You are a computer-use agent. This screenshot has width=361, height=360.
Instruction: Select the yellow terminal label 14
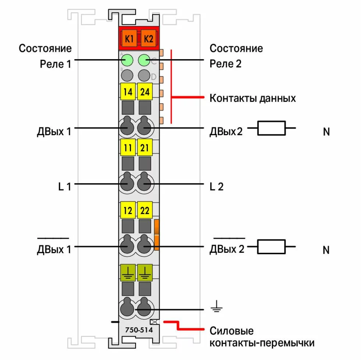tap(128, 92)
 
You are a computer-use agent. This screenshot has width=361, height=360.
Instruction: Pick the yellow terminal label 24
tap(145, 92)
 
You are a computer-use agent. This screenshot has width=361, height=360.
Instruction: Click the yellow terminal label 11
tap(128, 148)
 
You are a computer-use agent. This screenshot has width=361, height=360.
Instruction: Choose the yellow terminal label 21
tap(145, 148)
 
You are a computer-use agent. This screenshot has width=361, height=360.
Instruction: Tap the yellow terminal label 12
tap(128, 211)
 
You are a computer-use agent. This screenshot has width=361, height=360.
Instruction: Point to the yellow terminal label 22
tap(145, 211)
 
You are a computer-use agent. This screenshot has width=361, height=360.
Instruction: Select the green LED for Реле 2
tap(144, 60)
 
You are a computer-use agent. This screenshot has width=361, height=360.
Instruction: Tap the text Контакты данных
tap(253, 98)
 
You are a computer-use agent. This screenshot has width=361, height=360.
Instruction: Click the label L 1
tap(64, 187)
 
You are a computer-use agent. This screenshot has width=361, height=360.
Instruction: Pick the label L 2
tap(217, 187)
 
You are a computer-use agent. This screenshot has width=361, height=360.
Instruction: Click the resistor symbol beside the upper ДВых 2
tap(271, 128)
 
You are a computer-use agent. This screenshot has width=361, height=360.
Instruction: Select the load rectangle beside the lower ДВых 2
tap(271, 246)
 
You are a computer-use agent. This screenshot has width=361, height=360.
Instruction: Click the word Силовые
tap(231, 331)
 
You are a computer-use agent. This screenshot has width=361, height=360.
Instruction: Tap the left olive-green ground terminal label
tap(128, 271)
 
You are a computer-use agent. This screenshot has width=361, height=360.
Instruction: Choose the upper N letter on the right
tap(326, 132)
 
